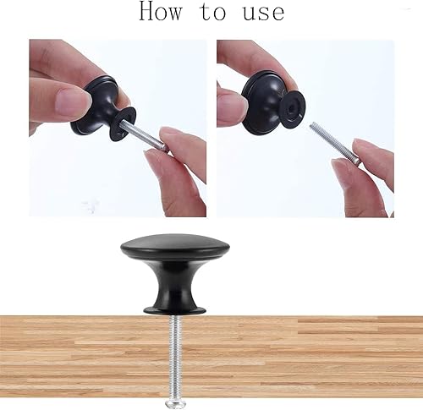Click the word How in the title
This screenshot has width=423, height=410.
(161, 11)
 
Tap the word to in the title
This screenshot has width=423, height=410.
(213, 12)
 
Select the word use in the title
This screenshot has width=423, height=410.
(264, 13)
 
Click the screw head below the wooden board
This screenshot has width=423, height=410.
(175, 402)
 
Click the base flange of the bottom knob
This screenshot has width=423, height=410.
(175, 310)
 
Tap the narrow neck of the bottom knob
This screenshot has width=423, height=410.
(175, 285)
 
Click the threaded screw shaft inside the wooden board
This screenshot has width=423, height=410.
(175, 356)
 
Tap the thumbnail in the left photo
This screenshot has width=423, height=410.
(70, 101)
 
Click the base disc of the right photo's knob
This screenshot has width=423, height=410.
(293, 106)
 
